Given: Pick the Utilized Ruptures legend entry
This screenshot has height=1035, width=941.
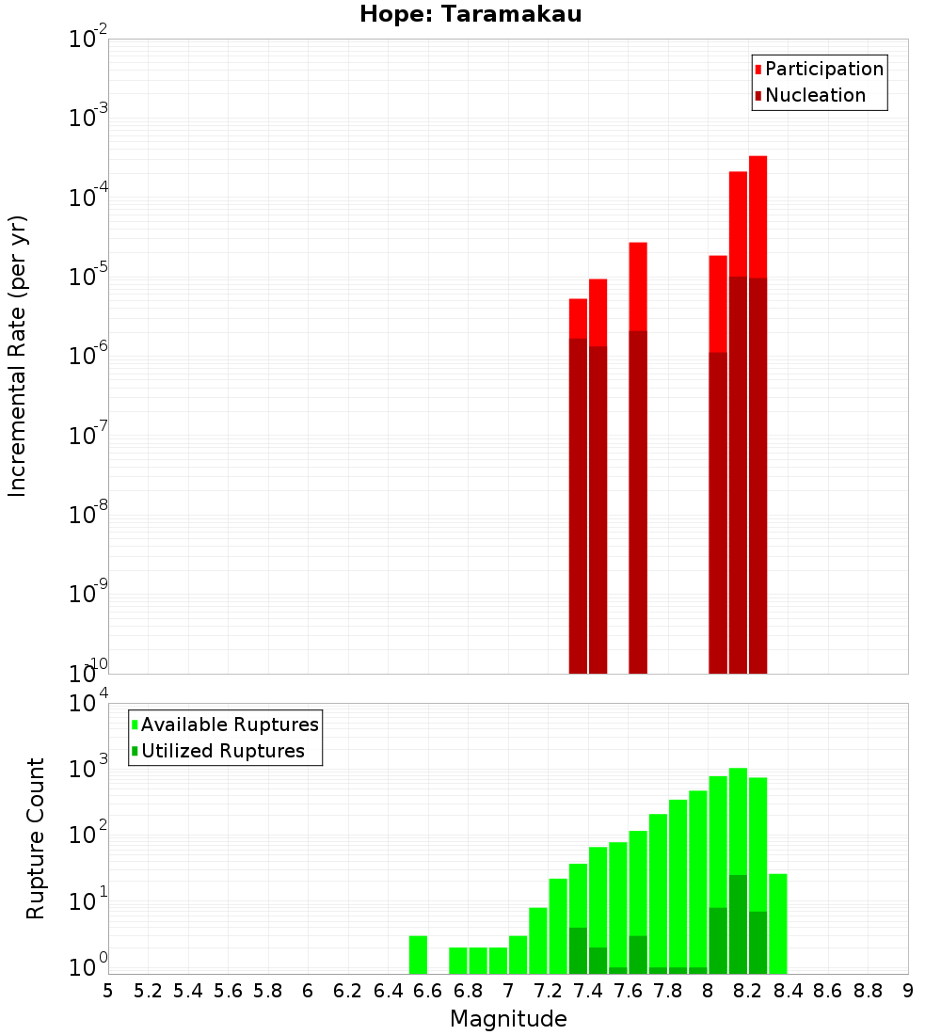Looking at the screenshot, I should [222, 751].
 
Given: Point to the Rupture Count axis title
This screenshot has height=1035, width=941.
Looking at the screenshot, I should [36, 837].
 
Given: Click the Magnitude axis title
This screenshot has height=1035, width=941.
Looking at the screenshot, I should [508, 1018].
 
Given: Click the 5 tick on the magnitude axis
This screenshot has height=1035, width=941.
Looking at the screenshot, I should [108, 991].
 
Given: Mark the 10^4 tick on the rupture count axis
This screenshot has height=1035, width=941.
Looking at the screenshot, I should [88, 704].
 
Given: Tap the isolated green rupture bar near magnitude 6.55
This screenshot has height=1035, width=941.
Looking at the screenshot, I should [419, 954].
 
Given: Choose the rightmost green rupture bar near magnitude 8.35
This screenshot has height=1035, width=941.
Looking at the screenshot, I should [778, 923].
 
